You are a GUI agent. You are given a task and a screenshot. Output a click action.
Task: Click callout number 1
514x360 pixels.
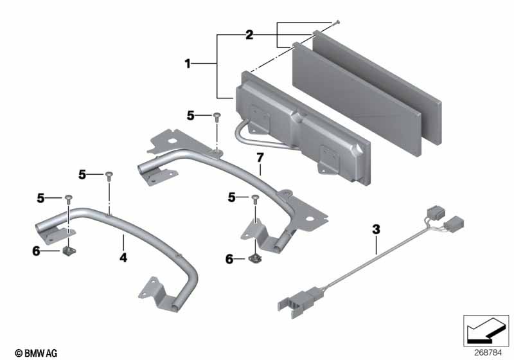click(x=188, y=64)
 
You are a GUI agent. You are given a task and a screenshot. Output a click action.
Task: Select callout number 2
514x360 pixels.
click(x=249, y=35)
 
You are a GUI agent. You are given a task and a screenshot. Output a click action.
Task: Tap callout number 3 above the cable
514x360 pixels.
click(x=376, y=230)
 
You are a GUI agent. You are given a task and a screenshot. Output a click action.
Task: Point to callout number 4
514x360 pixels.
click(x=123, y=258)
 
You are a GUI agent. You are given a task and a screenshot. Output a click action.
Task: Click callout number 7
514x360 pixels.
click(x=260, y=157)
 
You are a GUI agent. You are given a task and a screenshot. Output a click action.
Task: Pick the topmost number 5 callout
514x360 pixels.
click(x=190, y=116)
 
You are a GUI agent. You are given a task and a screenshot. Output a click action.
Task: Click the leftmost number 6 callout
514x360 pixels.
click(x=36, y=251)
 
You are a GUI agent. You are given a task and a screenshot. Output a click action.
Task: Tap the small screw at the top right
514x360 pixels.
click(x=338, y=22)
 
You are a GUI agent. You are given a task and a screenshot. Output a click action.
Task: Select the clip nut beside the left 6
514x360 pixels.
click(x=69, y=251)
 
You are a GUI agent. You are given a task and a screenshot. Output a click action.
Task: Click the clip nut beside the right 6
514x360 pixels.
click(x=254, y=258)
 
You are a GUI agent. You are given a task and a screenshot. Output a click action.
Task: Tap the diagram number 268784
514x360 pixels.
click(x=488, y=353)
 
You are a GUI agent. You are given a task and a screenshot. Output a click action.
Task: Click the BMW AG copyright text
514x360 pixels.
click(x=36, y=353)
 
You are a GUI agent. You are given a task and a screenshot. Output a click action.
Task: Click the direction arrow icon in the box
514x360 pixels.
click(x=486, y=330)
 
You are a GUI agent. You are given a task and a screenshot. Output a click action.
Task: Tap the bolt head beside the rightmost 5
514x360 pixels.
click(x=255, y=197)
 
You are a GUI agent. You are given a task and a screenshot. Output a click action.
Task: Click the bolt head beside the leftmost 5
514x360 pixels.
click(x=69, y=198)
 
